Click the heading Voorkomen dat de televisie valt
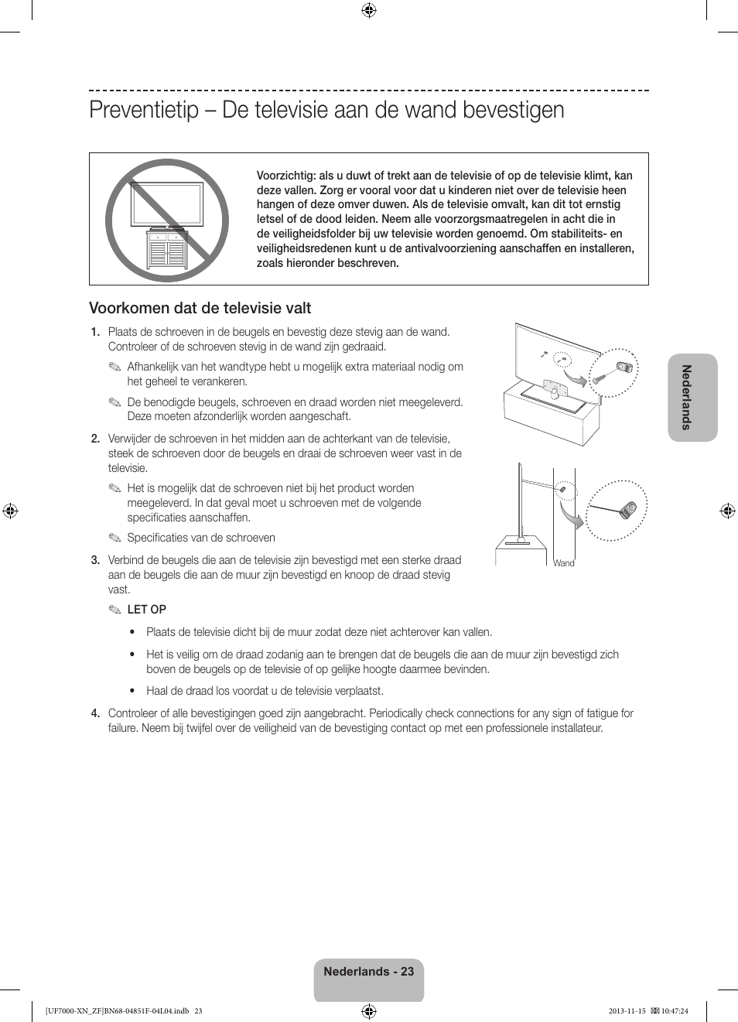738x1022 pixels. tap(200, 308)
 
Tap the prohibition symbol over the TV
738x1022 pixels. tap(167, 220)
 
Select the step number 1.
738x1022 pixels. tap(95, 332)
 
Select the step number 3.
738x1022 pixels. tap(95, 560)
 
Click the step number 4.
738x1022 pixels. tap(95, 713)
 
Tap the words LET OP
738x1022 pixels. tap(146, 610)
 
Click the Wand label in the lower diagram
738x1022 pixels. tap(564, 563)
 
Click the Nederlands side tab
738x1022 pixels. tap(692, 397)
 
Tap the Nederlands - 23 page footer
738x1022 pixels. tap(369, 972)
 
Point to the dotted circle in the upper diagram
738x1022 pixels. tap(615, 372)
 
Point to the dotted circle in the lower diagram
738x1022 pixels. tap(617, 511)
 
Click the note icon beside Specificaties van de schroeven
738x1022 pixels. tap(115, 538)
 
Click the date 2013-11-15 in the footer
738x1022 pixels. tap(627, 1010)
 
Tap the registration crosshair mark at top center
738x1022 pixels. tap(369, 10)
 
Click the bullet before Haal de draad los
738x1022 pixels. tap(133, 691)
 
